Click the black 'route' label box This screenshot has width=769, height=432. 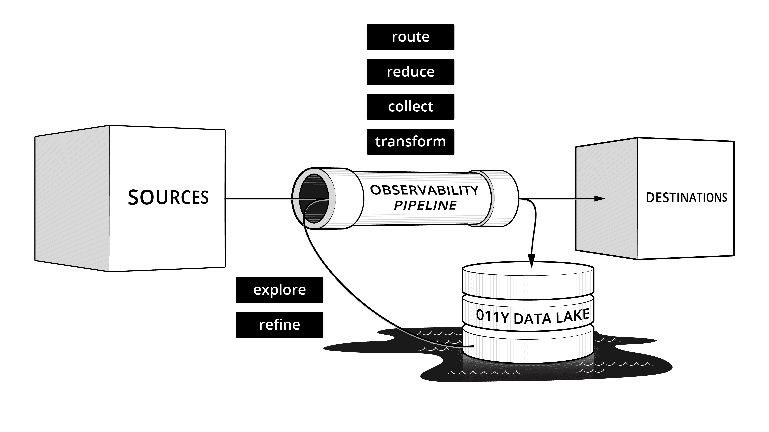pyautogui.click(x=411, y=37)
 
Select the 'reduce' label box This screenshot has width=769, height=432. pyautogui.click(x=411, y=72)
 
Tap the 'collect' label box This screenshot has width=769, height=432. pyautogui.click(x=411, y=107)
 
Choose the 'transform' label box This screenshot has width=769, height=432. pyautogui.click(x=411, y=142)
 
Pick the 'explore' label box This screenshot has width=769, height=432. pyautogui.click(x=279, y=290)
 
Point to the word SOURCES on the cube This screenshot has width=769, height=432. pyautogui.click(x=168, y=197)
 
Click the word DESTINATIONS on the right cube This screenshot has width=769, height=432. pyautogui.click(x=686, y=198)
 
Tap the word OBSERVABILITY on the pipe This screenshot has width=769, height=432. pyautogui.click(x=424, y=190)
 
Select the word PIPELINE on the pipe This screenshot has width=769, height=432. pyautogui.click(x=425, y=205)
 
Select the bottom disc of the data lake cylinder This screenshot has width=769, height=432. pyautogui.click(x=528, y=346)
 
